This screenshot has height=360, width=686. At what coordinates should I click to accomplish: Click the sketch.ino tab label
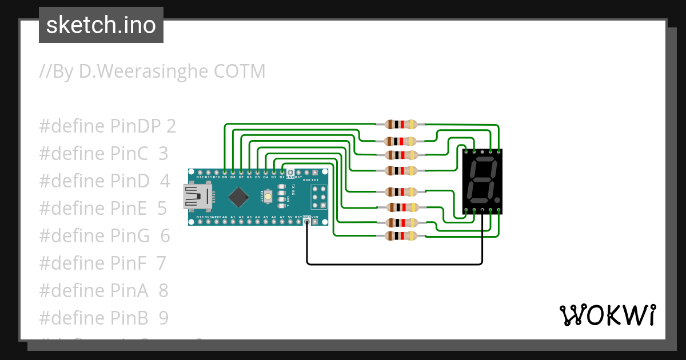(101, 25)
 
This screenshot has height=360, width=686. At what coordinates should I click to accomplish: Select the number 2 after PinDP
(171, 126)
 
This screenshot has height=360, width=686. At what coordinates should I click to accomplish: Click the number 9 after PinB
(163, 318)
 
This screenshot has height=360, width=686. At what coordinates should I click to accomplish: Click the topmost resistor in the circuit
(401, 124)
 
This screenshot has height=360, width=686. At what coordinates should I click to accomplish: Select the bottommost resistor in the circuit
(401, 235)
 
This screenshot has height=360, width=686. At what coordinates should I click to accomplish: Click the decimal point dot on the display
(497, 200)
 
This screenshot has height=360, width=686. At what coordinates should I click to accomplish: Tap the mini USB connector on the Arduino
(196, 197)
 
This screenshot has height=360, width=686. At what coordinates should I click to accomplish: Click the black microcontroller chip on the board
(238, 198)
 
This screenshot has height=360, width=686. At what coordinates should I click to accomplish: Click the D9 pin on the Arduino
(225, 172)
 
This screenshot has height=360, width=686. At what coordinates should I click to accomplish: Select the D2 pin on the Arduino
(282, 172)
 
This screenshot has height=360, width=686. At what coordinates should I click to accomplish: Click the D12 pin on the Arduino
(200, 172)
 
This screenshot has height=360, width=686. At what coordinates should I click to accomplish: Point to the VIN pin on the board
(315, 222)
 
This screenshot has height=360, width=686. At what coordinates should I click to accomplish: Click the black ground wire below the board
(394, 264)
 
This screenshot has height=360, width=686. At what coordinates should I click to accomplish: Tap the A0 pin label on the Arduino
(225, 218)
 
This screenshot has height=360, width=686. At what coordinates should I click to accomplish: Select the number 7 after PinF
(161, 263)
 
